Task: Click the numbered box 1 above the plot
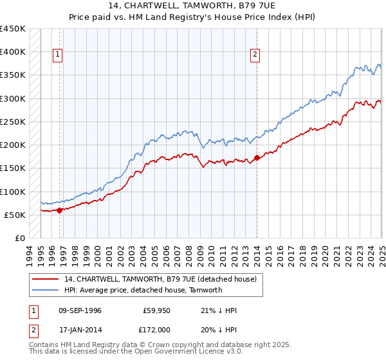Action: pyautogui.click(x=58, y=55)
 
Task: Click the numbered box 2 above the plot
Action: pyautogui.click(x=255, y=55)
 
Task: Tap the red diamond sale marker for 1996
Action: pyautogui.click(x=59, y=210)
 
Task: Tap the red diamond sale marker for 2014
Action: pyautogui.click(x=257, y=157)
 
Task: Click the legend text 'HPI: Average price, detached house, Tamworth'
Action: pyautogui.click(x=143, y=290)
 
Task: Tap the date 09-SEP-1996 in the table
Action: pyautogui.click(x=80, y=310)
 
